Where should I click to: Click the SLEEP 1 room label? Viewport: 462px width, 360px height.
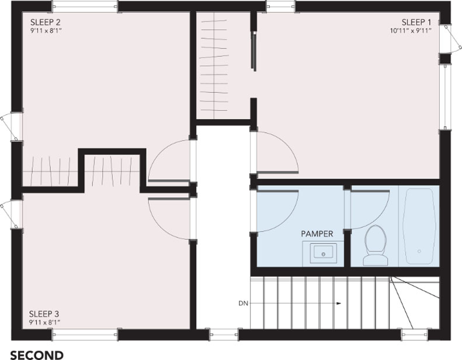point(416,22)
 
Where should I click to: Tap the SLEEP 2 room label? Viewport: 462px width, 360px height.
point(46,22)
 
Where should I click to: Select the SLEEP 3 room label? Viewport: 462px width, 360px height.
point(44,313)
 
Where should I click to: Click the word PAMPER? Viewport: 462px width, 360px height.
point(317,234)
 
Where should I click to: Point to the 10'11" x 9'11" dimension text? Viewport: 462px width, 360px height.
point(411,30)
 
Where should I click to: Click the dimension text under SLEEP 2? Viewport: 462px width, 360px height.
point(46,30)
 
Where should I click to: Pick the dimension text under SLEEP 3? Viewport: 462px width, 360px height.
point(44,322)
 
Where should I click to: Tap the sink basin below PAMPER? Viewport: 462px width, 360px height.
point(323,253)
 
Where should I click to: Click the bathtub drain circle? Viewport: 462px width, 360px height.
point(419,251)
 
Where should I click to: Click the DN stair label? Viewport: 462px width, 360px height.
point(244,303)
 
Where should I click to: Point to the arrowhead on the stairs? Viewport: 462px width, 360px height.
point(339,303)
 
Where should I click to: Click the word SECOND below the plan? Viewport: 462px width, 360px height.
point(37,355)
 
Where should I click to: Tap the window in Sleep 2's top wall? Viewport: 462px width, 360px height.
point(85,6)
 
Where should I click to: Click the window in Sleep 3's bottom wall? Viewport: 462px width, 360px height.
point(85,334)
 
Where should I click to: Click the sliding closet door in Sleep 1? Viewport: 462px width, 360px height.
point(253,51)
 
